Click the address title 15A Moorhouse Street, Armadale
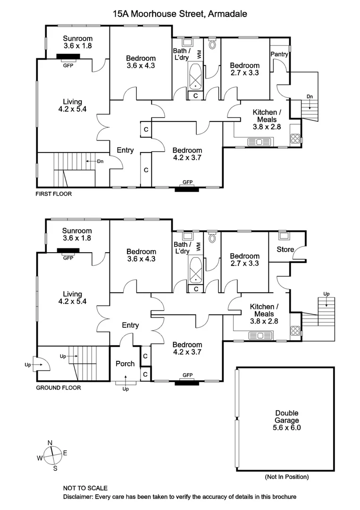tap(180, 14)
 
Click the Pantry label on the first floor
tap(279, 55)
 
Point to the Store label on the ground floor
tap(285, 249)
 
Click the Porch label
tap(125, 364)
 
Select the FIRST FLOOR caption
tap(54, 194)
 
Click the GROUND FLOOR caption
tap(59, 388)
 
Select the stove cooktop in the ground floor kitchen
tap(295, 331)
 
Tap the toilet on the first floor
tap(211, 45)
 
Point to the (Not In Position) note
tap(286, 477)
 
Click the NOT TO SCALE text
tap(85, 488)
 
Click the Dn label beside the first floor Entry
tap(100, 161)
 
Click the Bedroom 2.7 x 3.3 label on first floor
tap(244, 69)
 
